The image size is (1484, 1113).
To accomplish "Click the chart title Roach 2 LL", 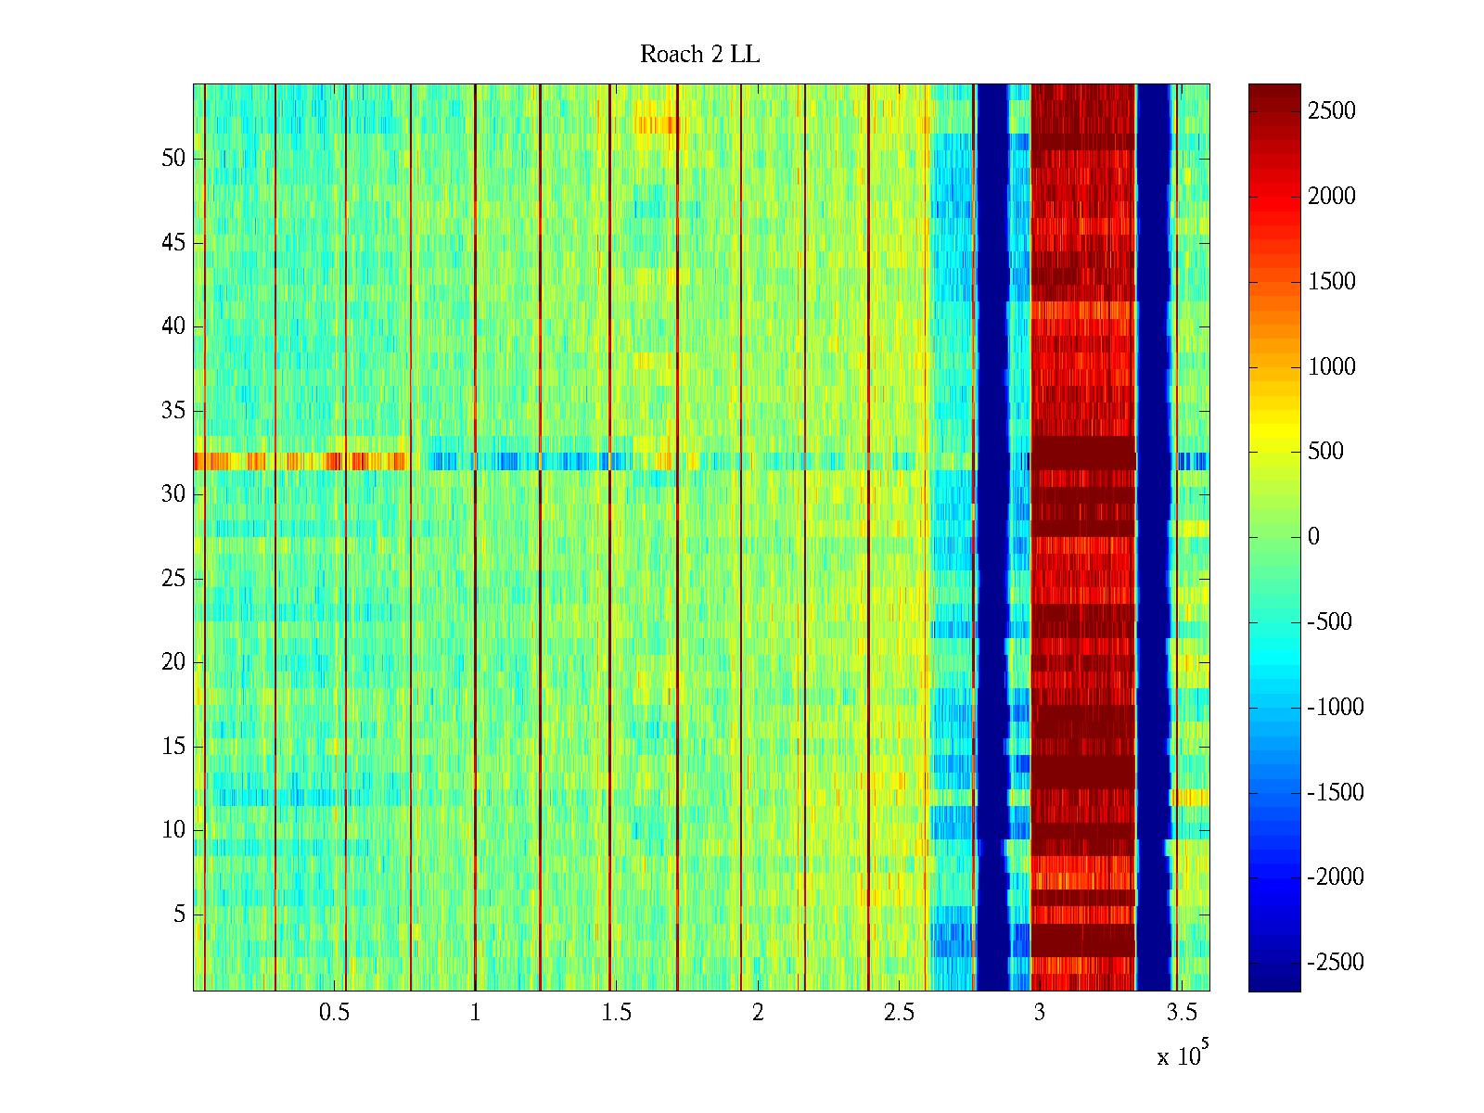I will coord(699,55).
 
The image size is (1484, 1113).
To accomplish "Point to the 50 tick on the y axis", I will coord(173,159).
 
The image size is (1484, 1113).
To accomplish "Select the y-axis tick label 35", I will coord(173,411).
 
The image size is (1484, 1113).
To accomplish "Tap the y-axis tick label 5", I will coord(179,915).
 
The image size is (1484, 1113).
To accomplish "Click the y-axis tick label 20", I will coord(173,662).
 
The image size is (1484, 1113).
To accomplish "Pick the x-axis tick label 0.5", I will coord(334,1013).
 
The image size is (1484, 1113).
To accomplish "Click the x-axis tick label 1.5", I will coord(616,1013).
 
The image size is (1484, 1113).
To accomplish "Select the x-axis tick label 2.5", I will coord(899,1013).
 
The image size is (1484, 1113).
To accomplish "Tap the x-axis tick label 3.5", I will coord(1181,1013).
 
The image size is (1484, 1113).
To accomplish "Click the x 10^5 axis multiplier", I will coord(1182,1055).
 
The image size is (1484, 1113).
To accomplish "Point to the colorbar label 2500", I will coord(1332,111).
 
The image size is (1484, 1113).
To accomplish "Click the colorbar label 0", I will coord(1313,537).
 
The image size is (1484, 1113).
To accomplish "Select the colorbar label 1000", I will coord(1332,367).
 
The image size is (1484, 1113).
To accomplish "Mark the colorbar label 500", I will coord(1326,452).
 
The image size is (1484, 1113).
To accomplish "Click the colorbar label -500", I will coord(1330,622).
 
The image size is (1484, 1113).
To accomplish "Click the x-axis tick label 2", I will coord(758,1013).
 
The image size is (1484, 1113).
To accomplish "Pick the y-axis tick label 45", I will coord(173,243).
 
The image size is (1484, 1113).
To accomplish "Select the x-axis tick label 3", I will coord(1040,1013).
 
